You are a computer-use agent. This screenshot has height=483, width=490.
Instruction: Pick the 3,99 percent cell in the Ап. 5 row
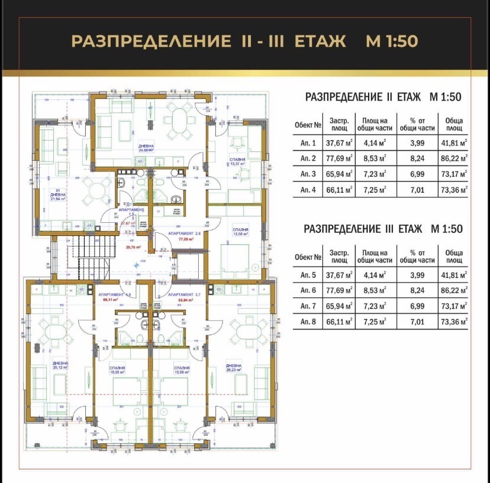click(417, 274)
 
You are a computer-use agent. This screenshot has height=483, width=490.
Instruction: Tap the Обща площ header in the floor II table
click(453, 124)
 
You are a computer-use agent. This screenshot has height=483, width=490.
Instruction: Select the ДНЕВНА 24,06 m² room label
click(146, 148)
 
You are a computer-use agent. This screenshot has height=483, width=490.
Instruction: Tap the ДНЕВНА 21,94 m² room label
click(58, 197)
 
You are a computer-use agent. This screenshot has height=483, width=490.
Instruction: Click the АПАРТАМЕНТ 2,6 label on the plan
click(185, 234)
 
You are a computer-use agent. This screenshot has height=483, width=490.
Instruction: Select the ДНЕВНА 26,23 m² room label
click(234, 368)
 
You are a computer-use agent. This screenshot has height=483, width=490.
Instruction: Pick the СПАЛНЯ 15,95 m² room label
click(117, 370)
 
